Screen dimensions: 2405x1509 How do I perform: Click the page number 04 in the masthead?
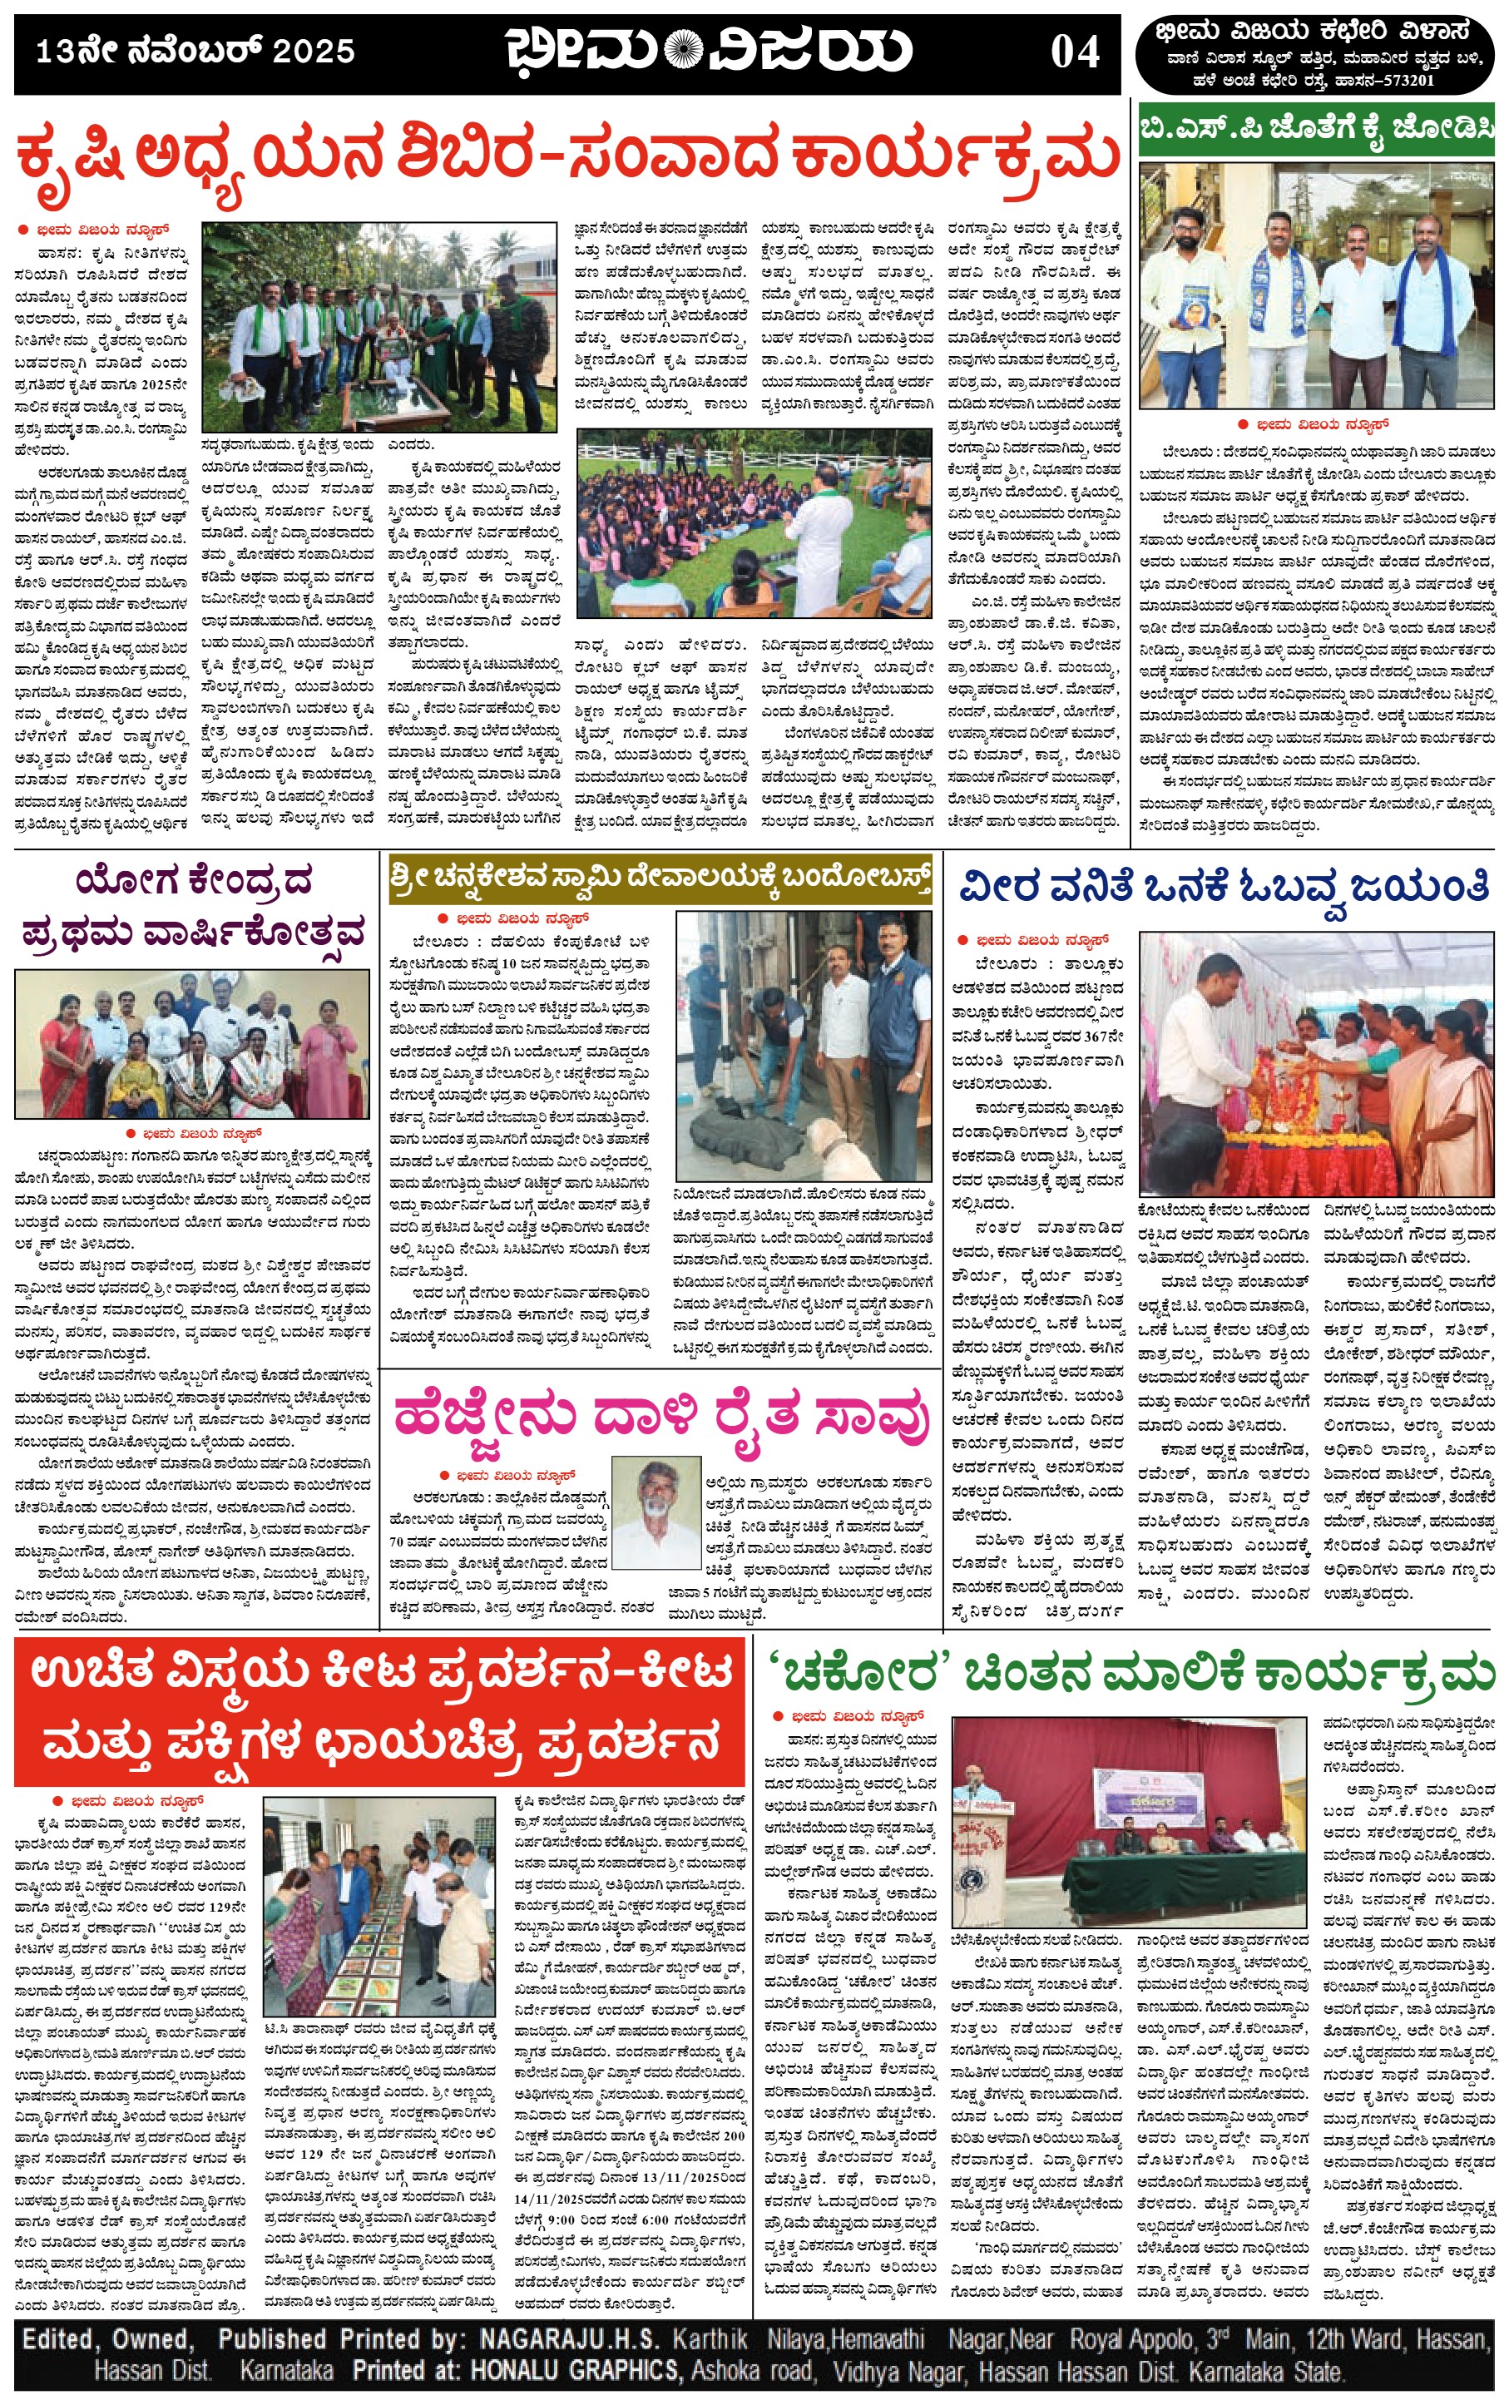click(x=1074, y=52)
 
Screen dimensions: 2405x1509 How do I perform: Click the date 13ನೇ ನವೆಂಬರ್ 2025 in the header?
click(x=195, y=51)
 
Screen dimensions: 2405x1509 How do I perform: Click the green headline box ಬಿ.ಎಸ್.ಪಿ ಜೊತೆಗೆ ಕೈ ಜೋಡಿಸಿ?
click(x=1316, y=129)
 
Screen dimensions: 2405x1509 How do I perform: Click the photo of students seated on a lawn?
click(x=754, y=524)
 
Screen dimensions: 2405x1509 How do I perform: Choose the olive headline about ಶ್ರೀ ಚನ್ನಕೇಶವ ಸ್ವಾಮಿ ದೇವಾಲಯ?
click(x=660, y=878)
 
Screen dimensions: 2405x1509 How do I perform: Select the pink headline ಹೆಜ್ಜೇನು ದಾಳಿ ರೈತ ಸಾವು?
click(x=661, y=1416)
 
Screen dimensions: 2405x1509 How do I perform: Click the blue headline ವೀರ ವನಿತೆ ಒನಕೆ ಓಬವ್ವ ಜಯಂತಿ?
click(x=1224, y=885)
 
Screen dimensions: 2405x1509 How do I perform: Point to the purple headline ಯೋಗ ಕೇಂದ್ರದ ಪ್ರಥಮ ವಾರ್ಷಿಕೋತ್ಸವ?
click(x=194, y=906)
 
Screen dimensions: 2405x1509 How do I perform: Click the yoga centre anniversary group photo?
click(x=194, y=1045)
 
